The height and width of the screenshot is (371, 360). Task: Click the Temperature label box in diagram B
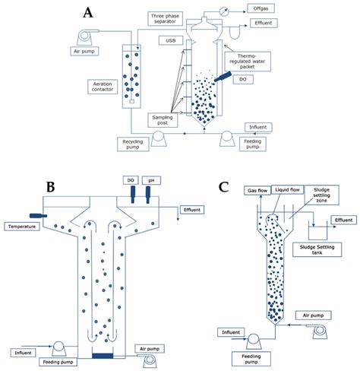point(23,226)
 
